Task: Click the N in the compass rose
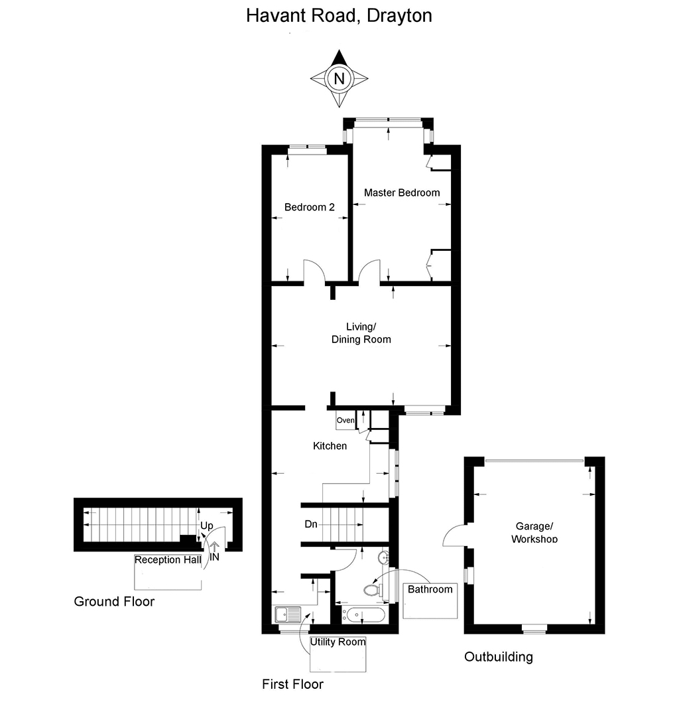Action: coord(339,78)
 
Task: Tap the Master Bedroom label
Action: coord(402,192)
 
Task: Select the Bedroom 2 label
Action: coord(309,207)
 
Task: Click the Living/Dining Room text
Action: coord(361,333)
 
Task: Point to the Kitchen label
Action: coord(330,446)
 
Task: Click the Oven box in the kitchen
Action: coord(345,421)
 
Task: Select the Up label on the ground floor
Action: coord(207,526)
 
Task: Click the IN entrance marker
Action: coord(214,557)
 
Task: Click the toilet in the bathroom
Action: coord(372,589)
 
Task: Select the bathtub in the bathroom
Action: coord(363,614)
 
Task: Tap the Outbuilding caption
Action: coord(498,657)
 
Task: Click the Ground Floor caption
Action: coord(114,602)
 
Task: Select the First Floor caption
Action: coord(292,683)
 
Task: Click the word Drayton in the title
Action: coord(397,15)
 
